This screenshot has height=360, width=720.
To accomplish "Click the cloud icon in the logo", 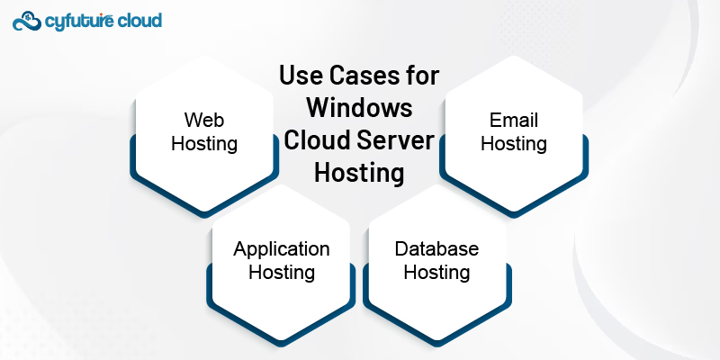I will pos(26,20).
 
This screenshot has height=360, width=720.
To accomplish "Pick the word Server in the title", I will pos(396,140).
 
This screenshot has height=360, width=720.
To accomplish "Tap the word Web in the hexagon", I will pos(204,120).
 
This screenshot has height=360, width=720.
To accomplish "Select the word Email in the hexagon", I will pos(514,120).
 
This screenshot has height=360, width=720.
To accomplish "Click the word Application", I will pos(282,248).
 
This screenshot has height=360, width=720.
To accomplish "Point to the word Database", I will pos(436,248).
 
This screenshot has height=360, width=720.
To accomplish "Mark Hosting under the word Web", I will pos(204,143).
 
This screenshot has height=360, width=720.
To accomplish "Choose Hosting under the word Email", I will pos(514,143).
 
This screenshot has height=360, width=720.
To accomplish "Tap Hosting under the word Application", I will pos(282,272).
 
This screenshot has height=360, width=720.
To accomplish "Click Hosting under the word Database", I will pos(436,272).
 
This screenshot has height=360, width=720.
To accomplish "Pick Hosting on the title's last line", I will pos(358,173).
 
